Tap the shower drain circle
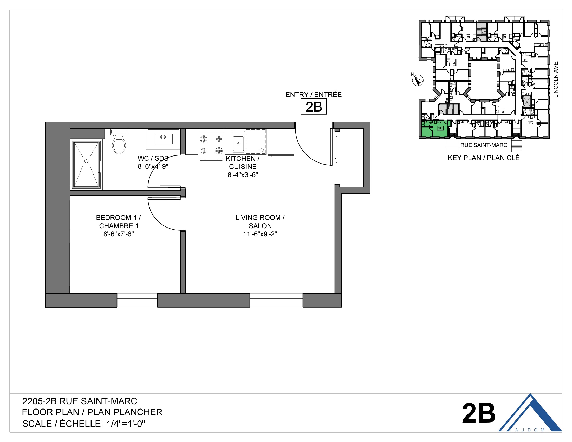pyautogui.click(x=86, y=161)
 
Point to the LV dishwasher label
pyautogui.click(x=261, y=150)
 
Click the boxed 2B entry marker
pyautogui.click(x=314, y=107)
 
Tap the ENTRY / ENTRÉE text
pyautogui.click(x=314, y=95)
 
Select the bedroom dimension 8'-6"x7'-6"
pyautogui.click(x=118, y=234)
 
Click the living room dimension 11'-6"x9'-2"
pyautogui.click(x=260, y=234)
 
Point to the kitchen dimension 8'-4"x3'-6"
pyautogui.click(x=243, y=175)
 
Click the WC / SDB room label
pyautogui.click(x=153, y=158)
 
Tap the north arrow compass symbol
pyautogui.click(x=418, y=80)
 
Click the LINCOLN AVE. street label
pyautogui.click(x=556, y=79)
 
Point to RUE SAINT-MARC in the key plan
pyautogui.click(x=484, y=145)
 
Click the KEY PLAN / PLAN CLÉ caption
pyautogui.click(x=484, y=158)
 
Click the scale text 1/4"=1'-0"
pyautogui.click(x=126, y=424)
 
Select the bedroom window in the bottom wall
pyautogui.click(x=137, y=300)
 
